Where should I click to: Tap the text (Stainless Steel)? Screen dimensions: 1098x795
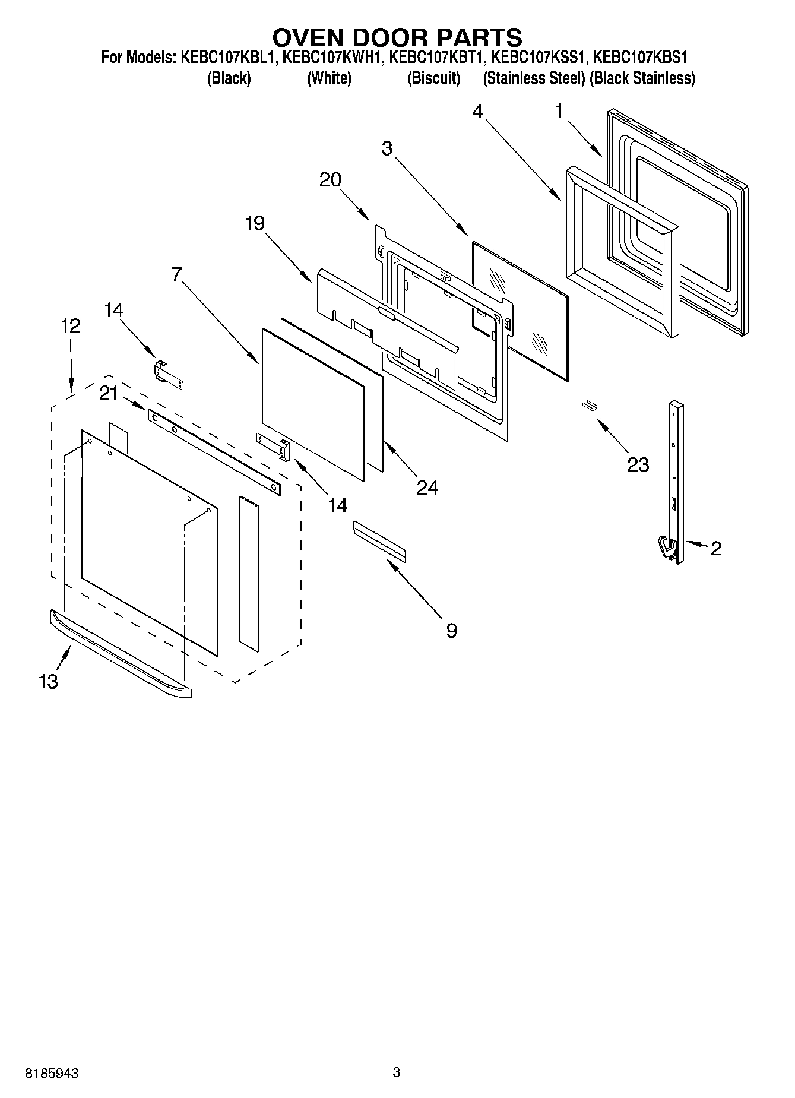[534, 78]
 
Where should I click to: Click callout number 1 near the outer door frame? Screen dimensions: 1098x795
[558, 112]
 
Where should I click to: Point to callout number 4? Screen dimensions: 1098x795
[479, 112]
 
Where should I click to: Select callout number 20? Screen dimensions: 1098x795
[330, 179]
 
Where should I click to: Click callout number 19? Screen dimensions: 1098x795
[255, 223]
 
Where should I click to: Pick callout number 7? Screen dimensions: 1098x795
[176, 274]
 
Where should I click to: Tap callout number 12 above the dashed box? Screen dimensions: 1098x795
[70, 326]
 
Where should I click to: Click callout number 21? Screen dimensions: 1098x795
[108, 393]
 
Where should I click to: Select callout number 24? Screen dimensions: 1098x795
[427, 488]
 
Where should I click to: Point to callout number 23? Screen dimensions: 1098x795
[638, 464]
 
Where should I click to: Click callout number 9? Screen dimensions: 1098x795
[451, 630]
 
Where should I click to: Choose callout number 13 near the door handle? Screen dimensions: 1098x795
[49, 681]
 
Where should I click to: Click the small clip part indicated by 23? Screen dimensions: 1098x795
[588, 406]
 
